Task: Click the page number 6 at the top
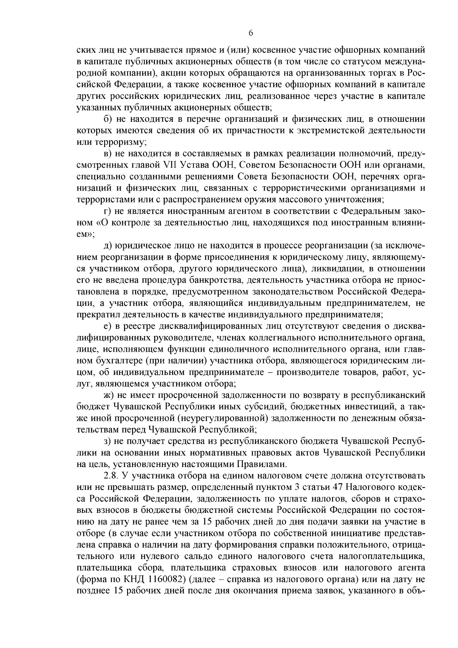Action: point(251,33)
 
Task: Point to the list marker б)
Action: point(107,119)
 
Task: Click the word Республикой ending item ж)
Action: point(229,430)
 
